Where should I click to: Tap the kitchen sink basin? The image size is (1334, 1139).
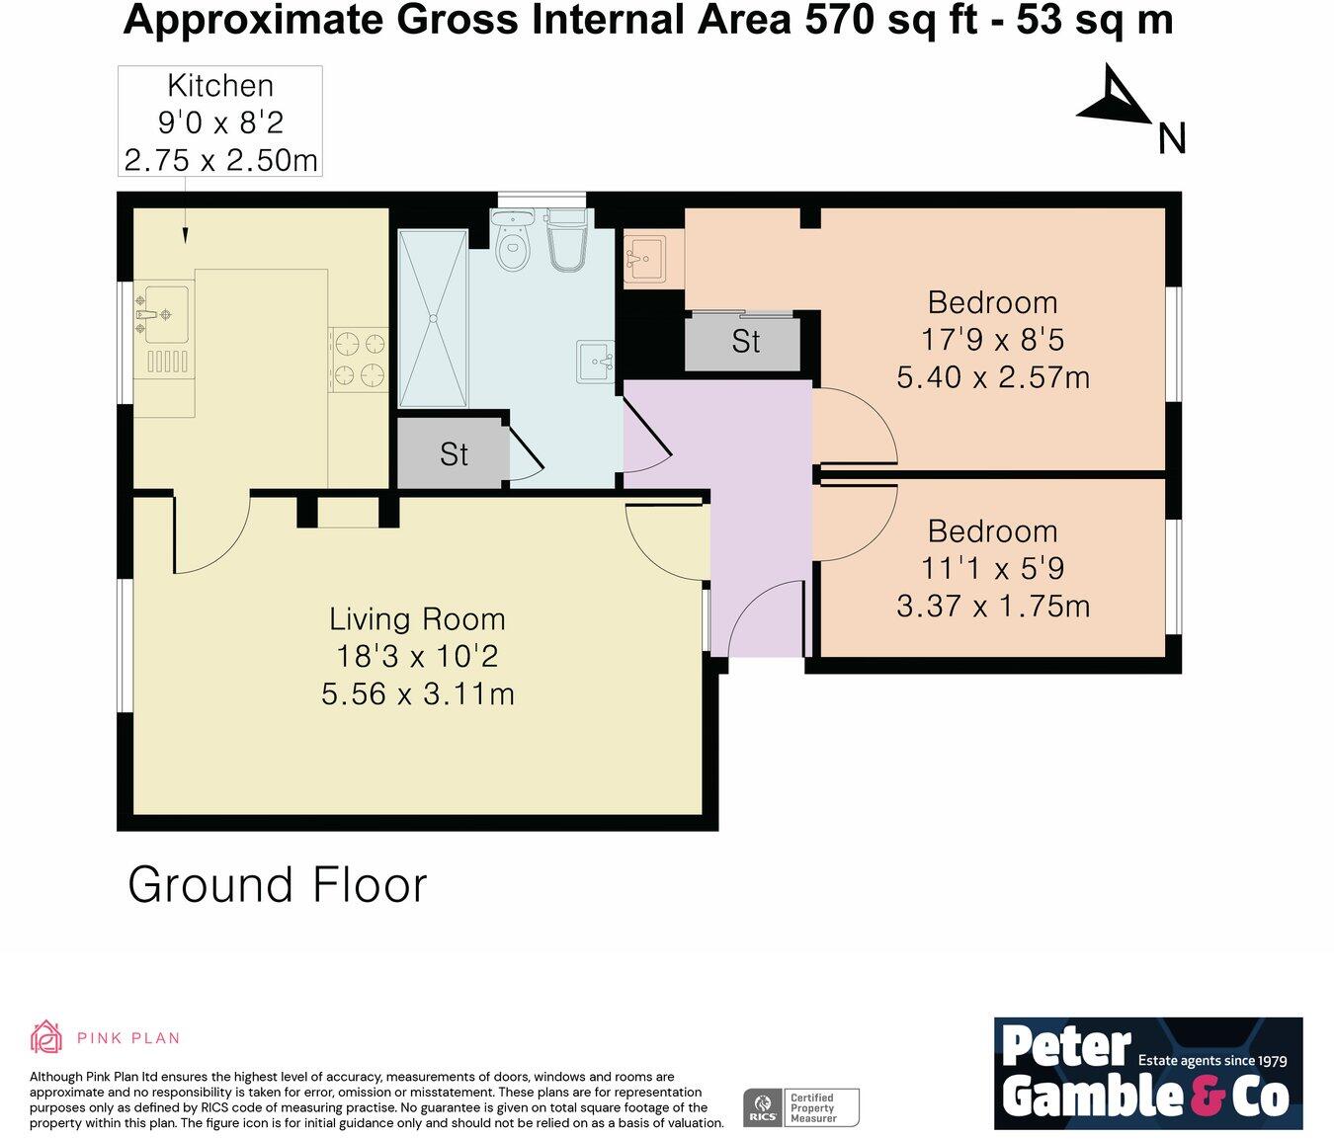pos(167,315)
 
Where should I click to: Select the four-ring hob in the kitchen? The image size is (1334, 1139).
pos(359,360)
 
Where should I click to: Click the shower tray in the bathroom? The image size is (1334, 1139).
pos(433,318)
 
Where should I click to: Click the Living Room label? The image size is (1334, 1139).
pos(418,619)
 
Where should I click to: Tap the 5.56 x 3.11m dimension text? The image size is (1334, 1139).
pos(418,695)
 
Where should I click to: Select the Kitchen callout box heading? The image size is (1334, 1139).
pos(220,85)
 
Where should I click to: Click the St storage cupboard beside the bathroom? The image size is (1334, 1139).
pos(453,453)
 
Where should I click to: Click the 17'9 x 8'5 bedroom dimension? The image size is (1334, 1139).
pos(992,340)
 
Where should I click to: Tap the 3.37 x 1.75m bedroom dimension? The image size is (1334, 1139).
pos(993,607)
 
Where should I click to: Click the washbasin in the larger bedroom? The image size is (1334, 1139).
pos(644,259)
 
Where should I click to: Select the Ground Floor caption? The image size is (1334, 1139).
pos(278,885)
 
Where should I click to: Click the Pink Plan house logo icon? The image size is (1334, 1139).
pos(46,1038)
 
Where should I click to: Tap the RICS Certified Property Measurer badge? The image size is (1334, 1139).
pos(801,1107)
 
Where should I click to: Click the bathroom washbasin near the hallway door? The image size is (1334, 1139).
pos(595,363)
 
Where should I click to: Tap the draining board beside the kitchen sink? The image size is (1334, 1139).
pos(167,362)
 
